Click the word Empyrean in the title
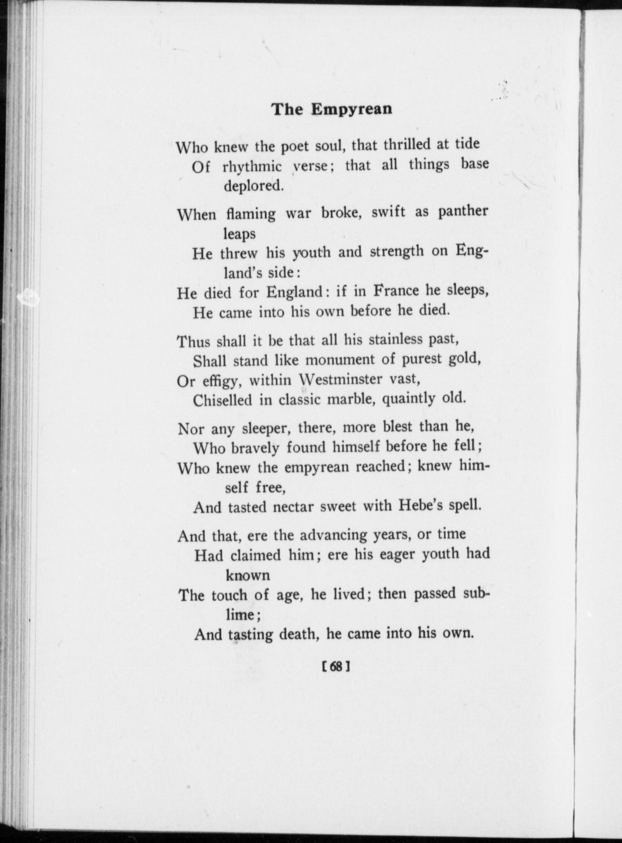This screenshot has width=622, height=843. coord(351,109)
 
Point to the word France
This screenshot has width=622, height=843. coord(396,291)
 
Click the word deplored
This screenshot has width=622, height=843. coord(253,186)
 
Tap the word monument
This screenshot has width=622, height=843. coord(340,359)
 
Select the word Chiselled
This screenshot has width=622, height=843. coord(223,400)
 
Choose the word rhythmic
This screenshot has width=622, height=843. coord(252,167)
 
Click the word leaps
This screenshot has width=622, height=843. coord(240,234)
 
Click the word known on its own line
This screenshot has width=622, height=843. coord(248,575)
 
